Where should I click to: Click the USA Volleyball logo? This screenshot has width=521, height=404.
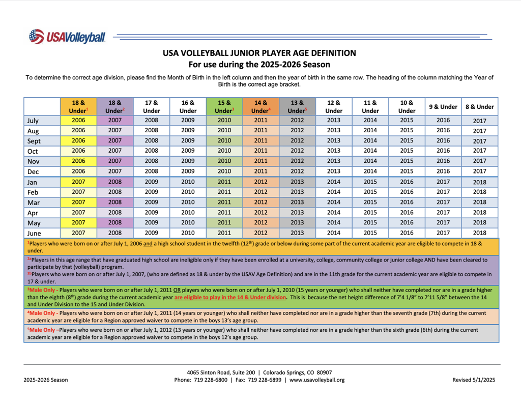pos(67,37)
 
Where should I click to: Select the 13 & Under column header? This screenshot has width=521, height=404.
pos(297,106)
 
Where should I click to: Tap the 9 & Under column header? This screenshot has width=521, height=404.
pos(443,107)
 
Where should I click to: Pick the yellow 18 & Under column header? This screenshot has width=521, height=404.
pos(78,106)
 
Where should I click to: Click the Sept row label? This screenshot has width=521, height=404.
pos(34,141)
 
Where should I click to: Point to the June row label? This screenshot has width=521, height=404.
pos(34,233)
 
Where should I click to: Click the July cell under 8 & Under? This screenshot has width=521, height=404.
pos(479,121)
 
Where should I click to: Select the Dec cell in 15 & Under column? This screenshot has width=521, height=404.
pos(224,171)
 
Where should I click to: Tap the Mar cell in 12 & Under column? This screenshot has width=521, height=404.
pos(334,202)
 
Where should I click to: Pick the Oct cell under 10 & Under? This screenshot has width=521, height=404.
pos(407,151)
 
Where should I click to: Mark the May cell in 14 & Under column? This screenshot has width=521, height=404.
pos(260,223)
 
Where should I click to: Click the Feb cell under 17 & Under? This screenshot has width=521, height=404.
pos(152,192)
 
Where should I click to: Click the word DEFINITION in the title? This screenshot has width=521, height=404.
pos(329,53)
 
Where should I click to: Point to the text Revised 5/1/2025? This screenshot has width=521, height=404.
pos(474,380)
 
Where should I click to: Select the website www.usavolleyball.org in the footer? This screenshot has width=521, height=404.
pos(317,380)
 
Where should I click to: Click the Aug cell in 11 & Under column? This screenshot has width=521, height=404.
pos(370,131)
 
